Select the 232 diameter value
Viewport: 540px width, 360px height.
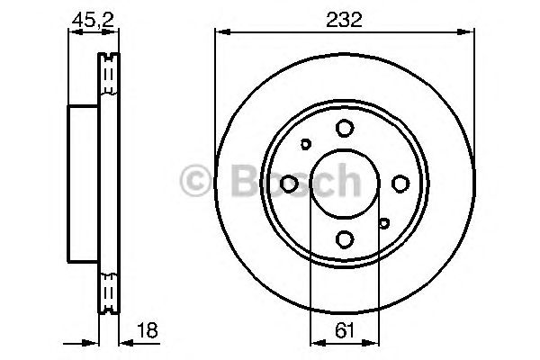[x=343, y=19]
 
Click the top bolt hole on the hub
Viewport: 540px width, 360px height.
[x=344, y=128]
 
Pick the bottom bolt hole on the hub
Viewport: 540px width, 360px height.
[x=344, y=238]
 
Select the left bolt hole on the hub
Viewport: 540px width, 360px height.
[x=289, y=184]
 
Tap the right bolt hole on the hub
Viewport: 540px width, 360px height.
[x=400, y=184]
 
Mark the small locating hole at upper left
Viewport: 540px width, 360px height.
[x=305, y=144]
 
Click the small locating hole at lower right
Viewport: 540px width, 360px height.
[x=383, y=223]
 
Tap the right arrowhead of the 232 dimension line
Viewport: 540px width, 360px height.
[x=469, y=33]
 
